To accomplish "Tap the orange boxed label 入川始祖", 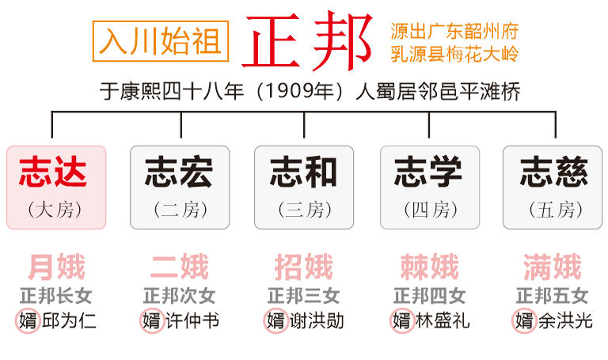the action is coord(161,41).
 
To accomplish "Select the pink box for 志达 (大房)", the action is coord(56,188).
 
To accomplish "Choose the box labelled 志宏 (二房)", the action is coord(180,188).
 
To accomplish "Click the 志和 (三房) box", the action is coord(304,188).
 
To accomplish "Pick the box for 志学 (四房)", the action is coord(430,188).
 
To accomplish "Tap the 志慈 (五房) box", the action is coord(553,188).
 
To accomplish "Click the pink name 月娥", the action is coord(57,267).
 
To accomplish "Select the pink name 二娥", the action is coord(180,267).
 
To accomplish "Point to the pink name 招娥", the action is coord(304,267).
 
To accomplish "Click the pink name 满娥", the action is coord(553,267).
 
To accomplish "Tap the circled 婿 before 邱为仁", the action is coord(28,321).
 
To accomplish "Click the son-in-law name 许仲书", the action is coord(192,321).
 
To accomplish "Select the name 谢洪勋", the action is coord(317,321).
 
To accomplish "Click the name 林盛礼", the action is coord(443,321).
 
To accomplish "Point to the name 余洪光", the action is coord(565,321).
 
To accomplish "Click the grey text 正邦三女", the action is coord(304,296).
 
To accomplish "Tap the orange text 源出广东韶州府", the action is coord(454,32).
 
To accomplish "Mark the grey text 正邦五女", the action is coord(552,296).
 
